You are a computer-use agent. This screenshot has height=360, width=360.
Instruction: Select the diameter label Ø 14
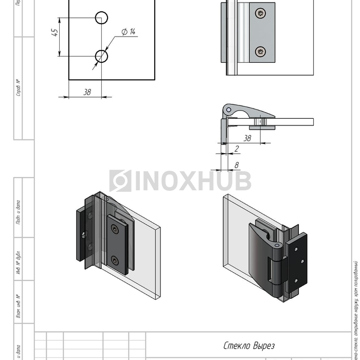[x=128, y=32]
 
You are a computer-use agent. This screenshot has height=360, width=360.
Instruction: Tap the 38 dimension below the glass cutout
[x=87, y=92]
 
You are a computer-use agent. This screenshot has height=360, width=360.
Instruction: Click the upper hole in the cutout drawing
[x=101, y=17]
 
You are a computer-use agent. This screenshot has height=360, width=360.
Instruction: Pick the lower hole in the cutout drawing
[x=101, y=56]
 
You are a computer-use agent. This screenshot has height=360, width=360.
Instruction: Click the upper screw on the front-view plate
[x=263, y=13]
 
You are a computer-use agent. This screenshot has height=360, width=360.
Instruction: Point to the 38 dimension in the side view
[x=247, y=138]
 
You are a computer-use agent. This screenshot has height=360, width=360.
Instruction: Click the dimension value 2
[x=236, y=149]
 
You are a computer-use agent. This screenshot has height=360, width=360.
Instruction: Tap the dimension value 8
[x=236, y=165]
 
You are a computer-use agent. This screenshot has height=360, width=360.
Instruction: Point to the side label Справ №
[x=19, y=88]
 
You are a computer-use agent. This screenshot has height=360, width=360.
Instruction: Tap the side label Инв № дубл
[x=19, y=264]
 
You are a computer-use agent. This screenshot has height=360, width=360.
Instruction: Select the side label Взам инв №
[x=19, y=307]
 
